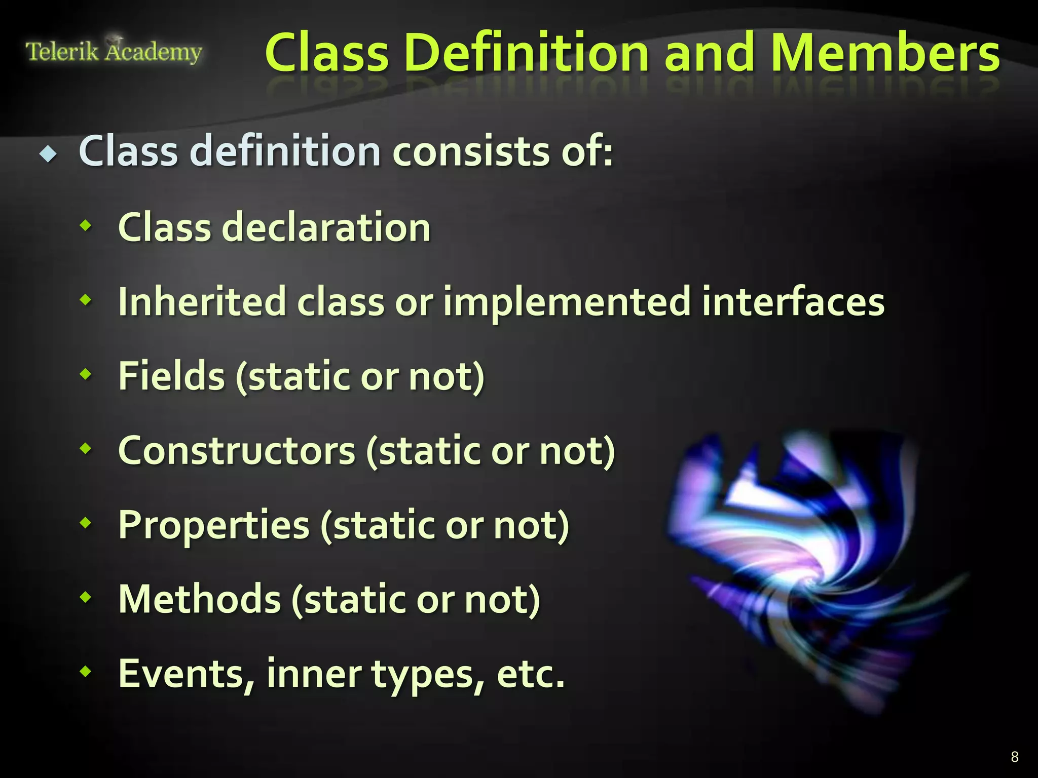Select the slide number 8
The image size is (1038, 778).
1014,757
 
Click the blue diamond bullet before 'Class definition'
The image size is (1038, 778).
49,153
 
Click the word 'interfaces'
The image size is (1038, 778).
793,302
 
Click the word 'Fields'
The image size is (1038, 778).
171,376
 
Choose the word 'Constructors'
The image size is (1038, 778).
237,451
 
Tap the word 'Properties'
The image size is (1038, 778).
213,526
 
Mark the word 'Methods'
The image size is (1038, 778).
199,600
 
